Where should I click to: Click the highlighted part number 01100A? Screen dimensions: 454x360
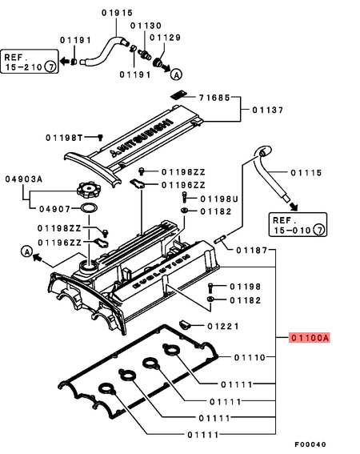[x=309, y=337]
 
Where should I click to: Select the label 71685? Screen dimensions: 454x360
[x=214, y=97]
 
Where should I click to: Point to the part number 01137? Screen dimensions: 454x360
[x=268, y=110]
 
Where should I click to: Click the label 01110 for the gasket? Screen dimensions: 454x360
[x=249, y=356]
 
